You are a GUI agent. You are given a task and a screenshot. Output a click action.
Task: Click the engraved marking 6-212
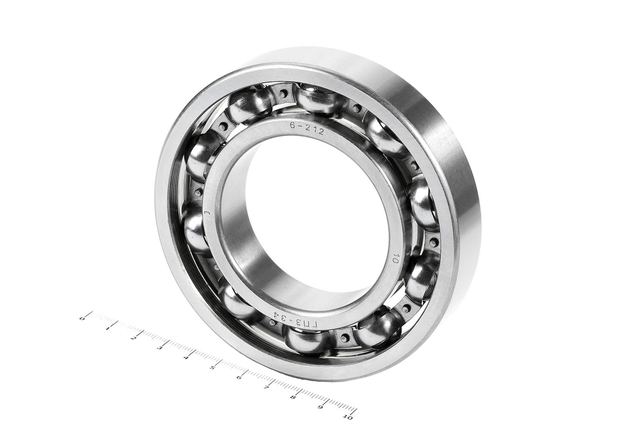[307, 128]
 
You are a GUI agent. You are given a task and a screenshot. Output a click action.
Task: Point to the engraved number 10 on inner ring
[395, 258]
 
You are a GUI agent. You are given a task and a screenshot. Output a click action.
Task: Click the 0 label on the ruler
[82, 319]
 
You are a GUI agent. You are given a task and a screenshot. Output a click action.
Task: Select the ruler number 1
[108, 329]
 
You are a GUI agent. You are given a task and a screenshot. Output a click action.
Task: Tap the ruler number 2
[133, 338]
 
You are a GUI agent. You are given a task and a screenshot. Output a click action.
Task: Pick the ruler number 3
[159, 348]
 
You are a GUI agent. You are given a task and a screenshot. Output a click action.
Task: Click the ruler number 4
[186, 358]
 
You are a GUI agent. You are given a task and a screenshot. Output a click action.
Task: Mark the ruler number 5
[212, 367]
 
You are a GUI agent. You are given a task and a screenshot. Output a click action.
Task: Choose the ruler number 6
[238, 377]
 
